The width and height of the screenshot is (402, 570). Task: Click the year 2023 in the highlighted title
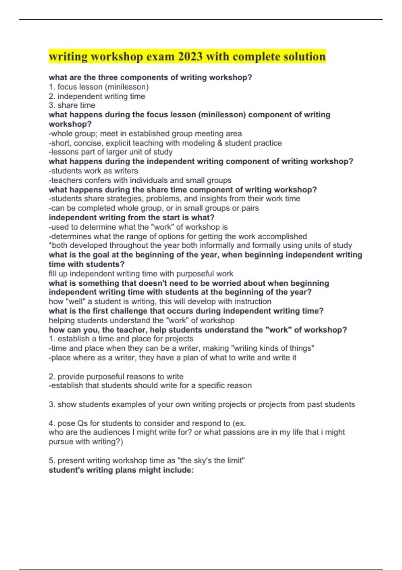tap(190, 56)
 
